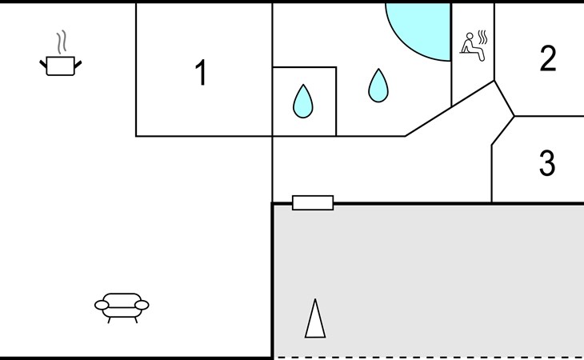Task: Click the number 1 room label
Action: [201, 72]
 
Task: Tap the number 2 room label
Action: [548, 58]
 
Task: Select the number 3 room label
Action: [547, 162]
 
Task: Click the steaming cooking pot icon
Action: [61, 54]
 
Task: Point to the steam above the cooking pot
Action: [62, 42]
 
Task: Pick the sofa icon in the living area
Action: [122, 308]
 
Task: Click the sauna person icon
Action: [473, 47]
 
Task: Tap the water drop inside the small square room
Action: [303, 102]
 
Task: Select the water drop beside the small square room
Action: [378, 86]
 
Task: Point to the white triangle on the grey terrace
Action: [315, 318]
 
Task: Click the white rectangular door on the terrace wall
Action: [313, 203]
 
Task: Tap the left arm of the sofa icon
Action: [102, 306]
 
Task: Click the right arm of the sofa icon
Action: [142, 306]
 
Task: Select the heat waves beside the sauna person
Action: [482, 38]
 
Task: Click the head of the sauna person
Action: [470, 36]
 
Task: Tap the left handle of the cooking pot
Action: [43, 64]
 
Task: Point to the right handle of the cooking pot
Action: [78, 65]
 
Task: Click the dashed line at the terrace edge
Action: [429, 358]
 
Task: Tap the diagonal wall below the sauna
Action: [450, 108]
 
